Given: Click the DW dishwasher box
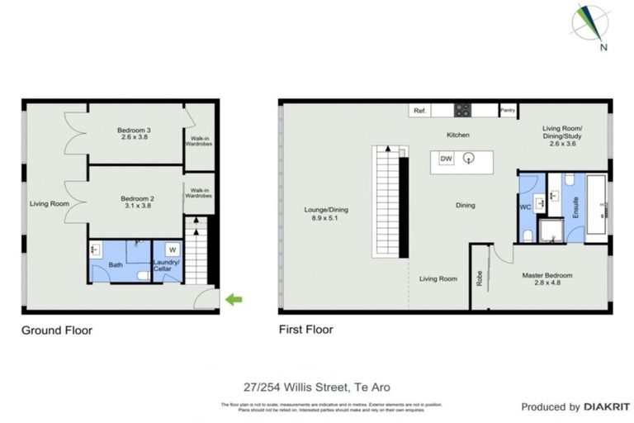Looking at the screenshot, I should [446, 159].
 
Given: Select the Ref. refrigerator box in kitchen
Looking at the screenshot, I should [419, 110].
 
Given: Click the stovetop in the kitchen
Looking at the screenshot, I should [462, 109].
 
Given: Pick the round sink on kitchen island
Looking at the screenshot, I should [470, 159].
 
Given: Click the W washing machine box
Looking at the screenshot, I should [173, 250].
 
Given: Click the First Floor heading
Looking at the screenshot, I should [306, 330].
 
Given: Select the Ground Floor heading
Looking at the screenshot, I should [57, 330].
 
